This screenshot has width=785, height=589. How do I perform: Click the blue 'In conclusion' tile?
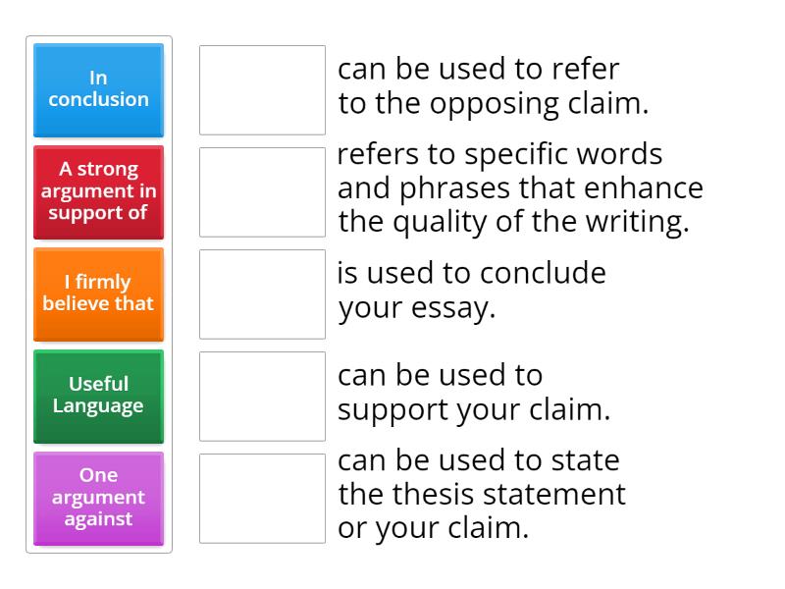coord(98,89)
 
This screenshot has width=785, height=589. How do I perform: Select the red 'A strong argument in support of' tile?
coord(98,191)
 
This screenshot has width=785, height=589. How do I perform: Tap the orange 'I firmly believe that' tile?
coord(98,294)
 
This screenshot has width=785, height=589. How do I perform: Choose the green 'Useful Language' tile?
coord(98,396)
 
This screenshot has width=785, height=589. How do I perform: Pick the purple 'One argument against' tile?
coord(98,498)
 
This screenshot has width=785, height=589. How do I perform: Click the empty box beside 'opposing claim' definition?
coord(262,89)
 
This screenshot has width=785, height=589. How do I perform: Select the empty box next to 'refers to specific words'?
coord(262,191)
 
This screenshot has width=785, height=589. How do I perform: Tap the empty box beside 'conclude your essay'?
coord(262,294)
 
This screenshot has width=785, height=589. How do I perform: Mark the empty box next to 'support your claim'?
coord(262,396)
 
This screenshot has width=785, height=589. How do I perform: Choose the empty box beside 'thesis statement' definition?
coord(262,498)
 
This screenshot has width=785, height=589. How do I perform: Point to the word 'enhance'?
coord(653,188)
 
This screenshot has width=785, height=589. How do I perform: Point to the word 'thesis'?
coord(437,494)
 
